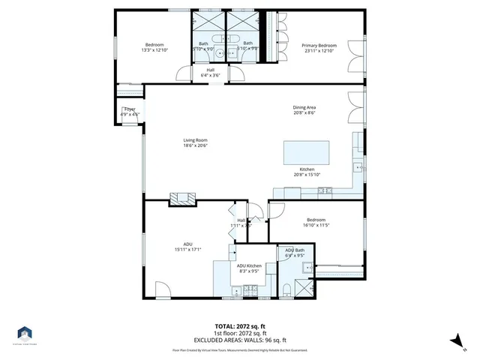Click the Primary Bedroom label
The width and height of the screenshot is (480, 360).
pyautogui.click(x=319, y=46)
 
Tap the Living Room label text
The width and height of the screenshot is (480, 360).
pyautogui.click(x=195, y=140)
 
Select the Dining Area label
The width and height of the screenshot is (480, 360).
pyautogui.click(x=304, y=107)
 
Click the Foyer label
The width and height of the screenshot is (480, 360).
pyautogui.click(x=130, y=109)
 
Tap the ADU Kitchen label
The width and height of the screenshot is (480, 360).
pyautogui.click(x=249, y=266)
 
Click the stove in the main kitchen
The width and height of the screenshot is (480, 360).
pyautogui.click(x=324, y=191)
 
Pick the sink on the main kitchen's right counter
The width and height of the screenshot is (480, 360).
pyautogui.click(x=358, y=166)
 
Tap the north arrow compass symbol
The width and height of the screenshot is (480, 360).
pyautogui.click(x=454, y=342)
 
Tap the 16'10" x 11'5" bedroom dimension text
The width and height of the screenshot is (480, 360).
pyautogui.click(x=317, y=224)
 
